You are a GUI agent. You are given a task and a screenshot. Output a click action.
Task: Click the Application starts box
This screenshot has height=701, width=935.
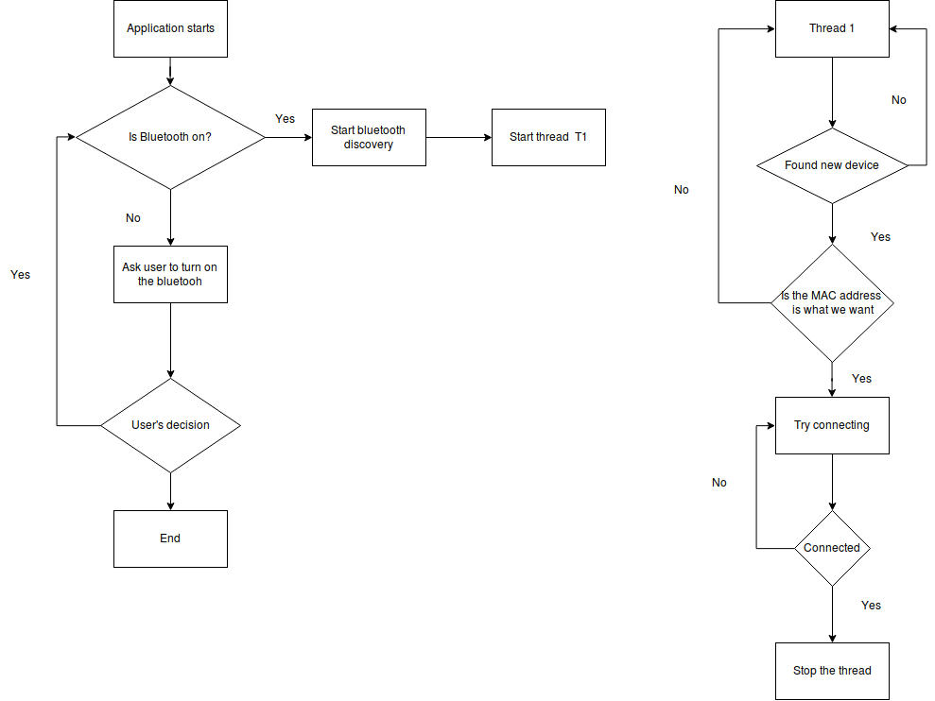pyautogui.click(x=170, y=28)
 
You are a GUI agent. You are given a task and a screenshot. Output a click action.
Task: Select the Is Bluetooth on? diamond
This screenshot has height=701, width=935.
pyautogui.click(x=170, y=138)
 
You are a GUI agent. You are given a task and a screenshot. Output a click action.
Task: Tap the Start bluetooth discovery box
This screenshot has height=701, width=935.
pyautogui.click(x=369, y=138)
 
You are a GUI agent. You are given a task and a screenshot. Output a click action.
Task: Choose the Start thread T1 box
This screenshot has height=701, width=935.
pyautogui.click(x=548, y=138)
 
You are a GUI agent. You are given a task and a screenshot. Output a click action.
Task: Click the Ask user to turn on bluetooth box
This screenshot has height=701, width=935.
pyautogui.click(x=170, y=275)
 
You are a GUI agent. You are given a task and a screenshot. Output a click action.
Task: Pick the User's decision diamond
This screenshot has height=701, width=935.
pyautogui.click(x=170, y=425)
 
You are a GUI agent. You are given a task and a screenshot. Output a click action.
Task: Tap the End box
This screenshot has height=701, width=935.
pyautogui.click(x=170, y=539)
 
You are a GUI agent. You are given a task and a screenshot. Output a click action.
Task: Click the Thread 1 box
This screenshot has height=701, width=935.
pyautogui.click(x=833, y=28)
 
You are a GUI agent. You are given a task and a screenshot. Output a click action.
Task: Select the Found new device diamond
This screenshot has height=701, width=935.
pyautogui.click(x=833, y=165)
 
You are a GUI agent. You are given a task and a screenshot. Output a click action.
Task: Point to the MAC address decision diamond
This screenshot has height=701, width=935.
pyautogui.click(x=833, y=303)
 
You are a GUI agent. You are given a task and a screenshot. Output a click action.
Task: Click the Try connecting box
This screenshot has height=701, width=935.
pyautogui.click(x=833, y=425)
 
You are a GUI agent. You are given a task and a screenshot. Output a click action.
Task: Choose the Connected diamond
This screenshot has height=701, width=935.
pyautogui.click(x=833, y=548)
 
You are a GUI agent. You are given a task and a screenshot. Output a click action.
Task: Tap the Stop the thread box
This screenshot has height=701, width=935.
pyautogui.click(x=833, y=671)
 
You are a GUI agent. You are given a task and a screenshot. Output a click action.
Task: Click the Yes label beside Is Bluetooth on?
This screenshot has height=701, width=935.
pyautogui.click(x=285, y=119)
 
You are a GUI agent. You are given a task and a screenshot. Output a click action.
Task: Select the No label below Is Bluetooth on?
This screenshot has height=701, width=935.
pyautogui.click(x=133, y=218)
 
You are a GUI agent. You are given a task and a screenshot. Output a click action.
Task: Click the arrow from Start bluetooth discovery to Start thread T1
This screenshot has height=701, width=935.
pyautogui.click(x=459, y=138)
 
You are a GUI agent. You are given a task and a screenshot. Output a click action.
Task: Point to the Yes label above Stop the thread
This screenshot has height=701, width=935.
pyautogui.click(x=872, y=606)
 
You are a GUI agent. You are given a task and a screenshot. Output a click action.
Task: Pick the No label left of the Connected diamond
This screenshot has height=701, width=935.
pyautogui.click(x=719, y=483)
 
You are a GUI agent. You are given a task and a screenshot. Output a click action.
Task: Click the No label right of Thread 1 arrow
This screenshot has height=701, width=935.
pyautogui.click(x=899, y=100)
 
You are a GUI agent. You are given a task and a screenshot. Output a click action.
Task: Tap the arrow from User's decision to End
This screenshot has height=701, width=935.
pyautogui.click(x=170, y=492)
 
